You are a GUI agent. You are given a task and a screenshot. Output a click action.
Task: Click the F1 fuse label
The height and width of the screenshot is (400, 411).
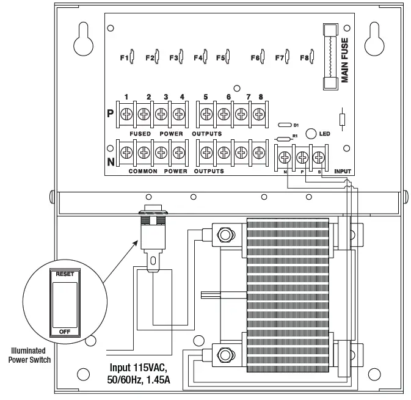pos(123,58)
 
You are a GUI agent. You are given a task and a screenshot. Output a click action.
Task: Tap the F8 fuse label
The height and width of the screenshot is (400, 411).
pos(304,58)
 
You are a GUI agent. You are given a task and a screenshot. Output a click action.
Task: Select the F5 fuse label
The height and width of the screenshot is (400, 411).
pos(220,58)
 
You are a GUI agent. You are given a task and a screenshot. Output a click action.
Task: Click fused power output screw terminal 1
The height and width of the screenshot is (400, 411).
pos(127,114)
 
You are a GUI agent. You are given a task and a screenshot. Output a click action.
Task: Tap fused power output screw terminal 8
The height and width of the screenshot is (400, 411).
pos(260,114)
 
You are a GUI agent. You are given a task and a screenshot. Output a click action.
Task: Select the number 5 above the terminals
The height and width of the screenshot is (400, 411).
pos(206,97)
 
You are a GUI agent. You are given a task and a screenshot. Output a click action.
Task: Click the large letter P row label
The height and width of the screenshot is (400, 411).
pos(111,114)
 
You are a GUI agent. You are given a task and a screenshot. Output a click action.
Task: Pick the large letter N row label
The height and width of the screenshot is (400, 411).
pos(111,162)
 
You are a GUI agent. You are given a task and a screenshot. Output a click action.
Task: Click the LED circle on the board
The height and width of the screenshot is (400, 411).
pos(310,133)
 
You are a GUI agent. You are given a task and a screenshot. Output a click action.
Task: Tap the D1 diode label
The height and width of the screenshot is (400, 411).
pos(296,125)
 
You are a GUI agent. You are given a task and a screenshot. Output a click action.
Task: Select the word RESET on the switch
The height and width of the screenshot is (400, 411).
pos(65,274)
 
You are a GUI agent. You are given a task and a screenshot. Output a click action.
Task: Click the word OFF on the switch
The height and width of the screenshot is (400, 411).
pos(65,331)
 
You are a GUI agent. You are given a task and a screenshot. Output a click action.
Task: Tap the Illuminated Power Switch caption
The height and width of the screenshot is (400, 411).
pos(29,355)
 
